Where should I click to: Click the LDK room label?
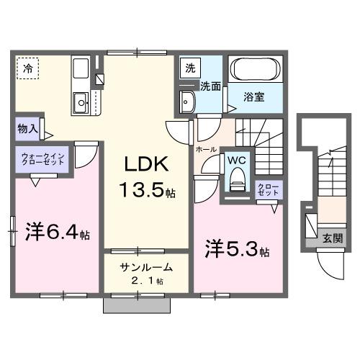148,164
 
